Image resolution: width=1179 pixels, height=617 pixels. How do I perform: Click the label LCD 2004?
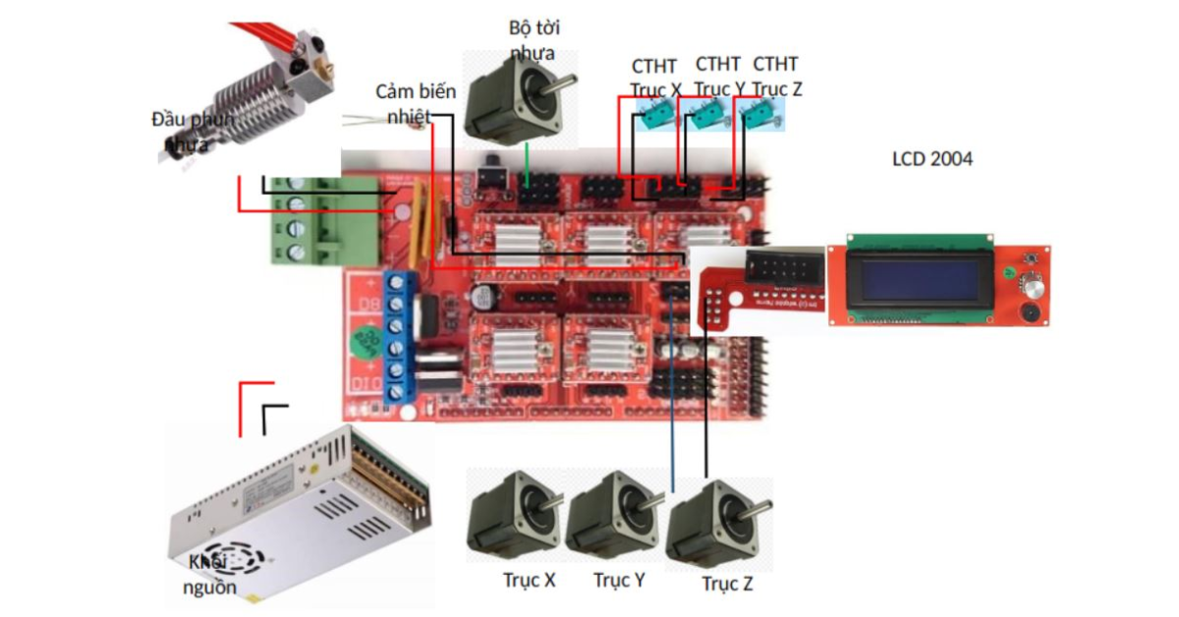(x=931, y=158)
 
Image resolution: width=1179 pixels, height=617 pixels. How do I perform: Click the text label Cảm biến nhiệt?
(x=416, y=103)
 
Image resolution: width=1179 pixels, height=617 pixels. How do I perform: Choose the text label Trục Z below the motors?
(x=727, y=585)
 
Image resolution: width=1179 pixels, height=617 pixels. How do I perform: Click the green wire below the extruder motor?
(x=528, y=162)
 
